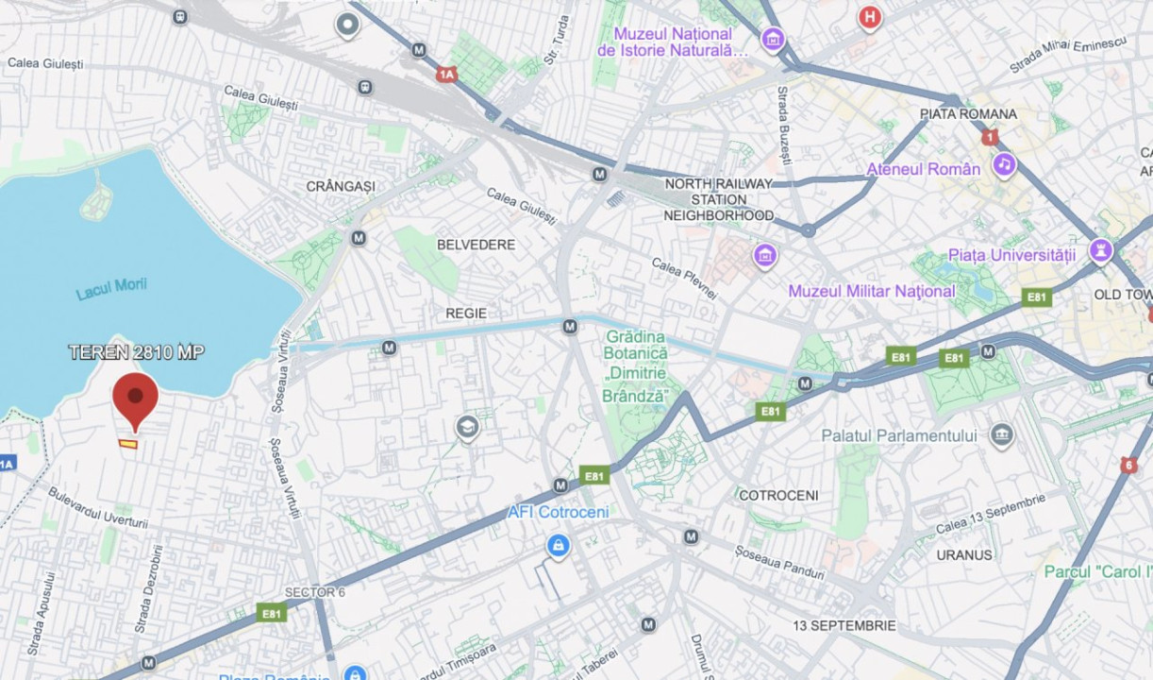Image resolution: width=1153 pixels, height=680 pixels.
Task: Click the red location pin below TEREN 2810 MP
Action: tap(135, 397)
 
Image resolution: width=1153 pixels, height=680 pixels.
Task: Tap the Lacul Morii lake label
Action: tap(111, 289)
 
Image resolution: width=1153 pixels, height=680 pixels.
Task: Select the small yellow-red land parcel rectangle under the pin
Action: tap(128, 443)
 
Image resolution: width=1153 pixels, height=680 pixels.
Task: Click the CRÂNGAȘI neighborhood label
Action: tap(341, 186)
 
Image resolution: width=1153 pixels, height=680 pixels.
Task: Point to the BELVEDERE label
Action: tap(476, 245)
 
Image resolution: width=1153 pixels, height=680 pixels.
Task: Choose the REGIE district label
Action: tap(466, 313)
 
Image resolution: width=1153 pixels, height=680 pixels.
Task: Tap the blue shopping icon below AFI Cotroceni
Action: tap(559, 546)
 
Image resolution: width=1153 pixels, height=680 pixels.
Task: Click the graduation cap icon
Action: tap(467, 428)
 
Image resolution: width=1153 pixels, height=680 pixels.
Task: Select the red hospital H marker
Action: tap(869, 17)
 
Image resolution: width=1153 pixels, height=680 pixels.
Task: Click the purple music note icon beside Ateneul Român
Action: tap(1004, 165)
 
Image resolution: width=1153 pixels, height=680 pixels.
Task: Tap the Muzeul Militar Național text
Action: tap(871, 291)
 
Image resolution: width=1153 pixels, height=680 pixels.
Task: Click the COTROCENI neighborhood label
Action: tap(778, 495)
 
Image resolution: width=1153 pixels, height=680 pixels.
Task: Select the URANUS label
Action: tap(964, 554)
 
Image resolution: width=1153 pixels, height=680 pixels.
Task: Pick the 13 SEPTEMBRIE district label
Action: tap(844, 625)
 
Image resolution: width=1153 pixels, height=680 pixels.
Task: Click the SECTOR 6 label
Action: tap(315, 592)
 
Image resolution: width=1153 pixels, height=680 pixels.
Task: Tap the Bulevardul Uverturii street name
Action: tap(98, 507)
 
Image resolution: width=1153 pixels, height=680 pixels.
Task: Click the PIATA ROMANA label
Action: tap(968, 114)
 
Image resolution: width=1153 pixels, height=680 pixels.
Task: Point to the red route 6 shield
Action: tap(1128, 465)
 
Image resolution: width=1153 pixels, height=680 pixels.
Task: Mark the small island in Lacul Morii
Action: tap(96, 201)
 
